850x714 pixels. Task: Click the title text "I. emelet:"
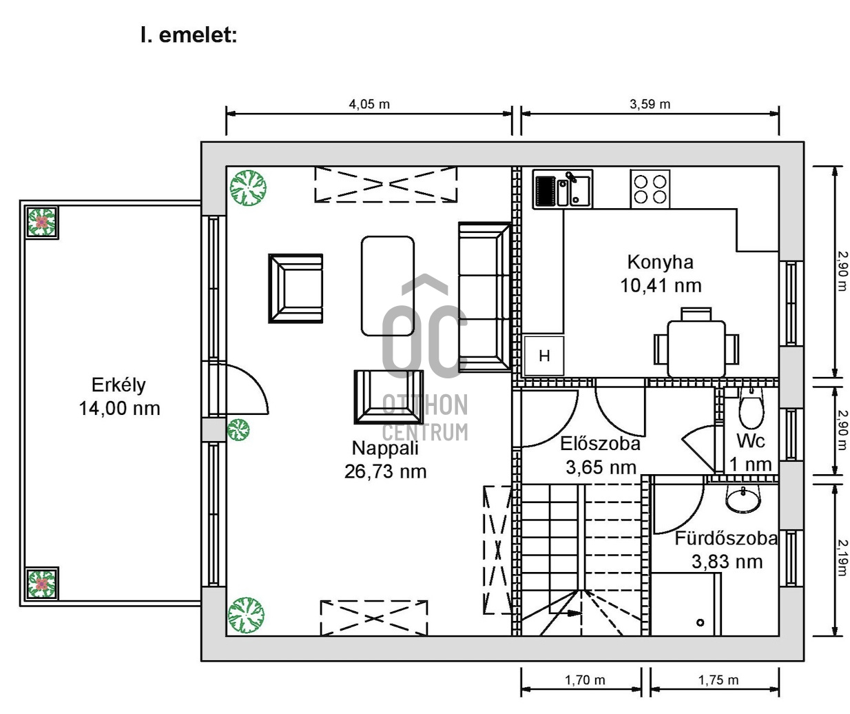(189, 35)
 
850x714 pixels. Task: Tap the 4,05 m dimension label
(369, 104)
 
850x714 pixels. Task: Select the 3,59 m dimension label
(650, 104)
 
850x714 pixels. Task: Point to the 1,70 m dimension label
(585, 680)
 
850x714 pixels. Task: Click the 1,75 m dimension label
(718, 680)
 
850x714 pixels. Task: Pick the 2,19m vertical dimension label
(842, 558)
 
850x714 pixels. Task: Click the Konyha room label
(660, 262)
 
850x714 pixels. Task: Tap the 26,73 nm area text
(385, 471)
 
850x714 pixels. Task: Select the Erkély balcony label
(118, 385)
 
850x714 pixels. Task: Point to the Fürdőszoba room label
(726, 538)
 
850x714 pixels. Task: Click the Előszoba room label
(600, 444)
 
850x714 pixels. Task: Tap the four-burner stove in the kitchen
(650, 189)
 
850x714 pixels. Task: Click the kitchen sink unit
(563, 190)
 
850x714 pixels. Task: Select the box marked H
(544, 356)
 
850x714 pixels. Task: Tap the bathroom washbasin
(743, 500)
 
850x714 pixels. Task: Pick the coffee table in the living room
(388, 286)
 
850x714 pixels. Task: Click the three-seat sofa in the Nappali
(484, 297)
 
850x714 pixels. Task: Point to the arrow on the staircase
(566, 613)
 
